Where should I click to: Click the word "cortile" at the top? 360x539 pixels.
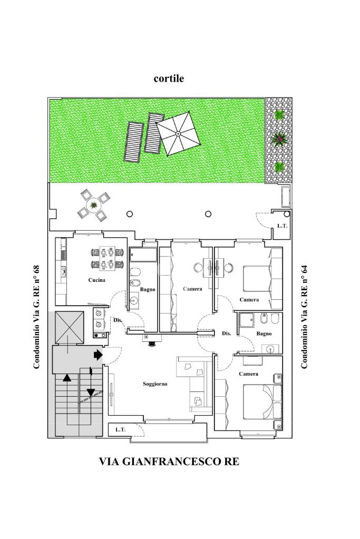pos(169,79)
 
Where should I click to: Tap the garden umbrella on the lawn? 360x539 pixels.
pos(178,133)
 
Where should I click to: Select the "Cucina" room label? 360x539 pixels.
pos(96,280)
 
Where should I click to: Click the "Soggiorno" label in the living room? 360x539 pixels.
pos(155,384)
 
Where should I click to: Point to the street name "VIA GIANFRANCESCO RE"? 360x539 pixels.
pos(169,462)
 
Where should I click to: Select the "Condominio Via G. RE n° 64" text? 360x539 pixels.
pos(304,317)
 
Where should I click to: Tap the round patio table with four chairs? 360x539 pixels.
pos(94,205)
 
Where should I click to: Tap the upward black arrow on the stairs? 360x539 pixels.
pos(67,377)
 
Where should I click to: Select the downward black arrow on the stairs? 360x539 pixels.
pos(91,392)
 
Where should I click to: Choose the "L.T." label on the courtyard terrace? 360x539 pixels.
pos(282,226)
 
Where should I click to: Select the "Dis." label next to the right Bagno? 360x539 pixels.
pos(227,334)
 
